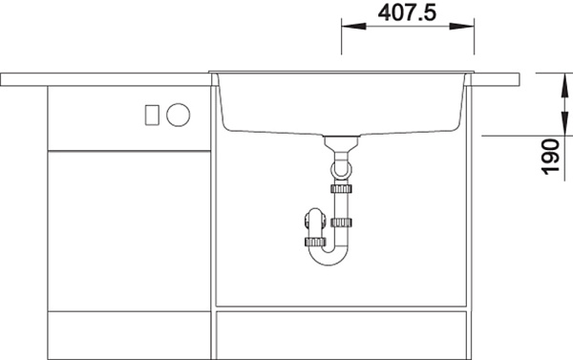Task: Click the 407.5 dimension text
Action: [x=407, y=12]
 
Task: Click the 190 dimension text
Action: [x=551, y=156]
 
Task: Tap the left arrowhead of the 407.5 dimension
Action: [x=353, y=27]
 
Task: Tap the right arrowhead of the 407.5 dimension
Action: [x=462, y=27]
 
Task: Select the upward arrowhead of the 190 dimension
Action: [x=565, y=85]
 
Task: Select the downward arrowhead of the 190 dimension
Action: [x=565, y=123]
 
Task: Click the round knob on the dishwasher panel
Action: [x=178, y=115]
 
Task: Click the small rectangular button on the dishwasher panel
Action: [x=152, y=115]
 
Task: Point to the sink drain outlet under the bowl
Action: [x=342, y=138]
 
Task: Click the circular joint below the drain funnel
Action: [x=341, y=170]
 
